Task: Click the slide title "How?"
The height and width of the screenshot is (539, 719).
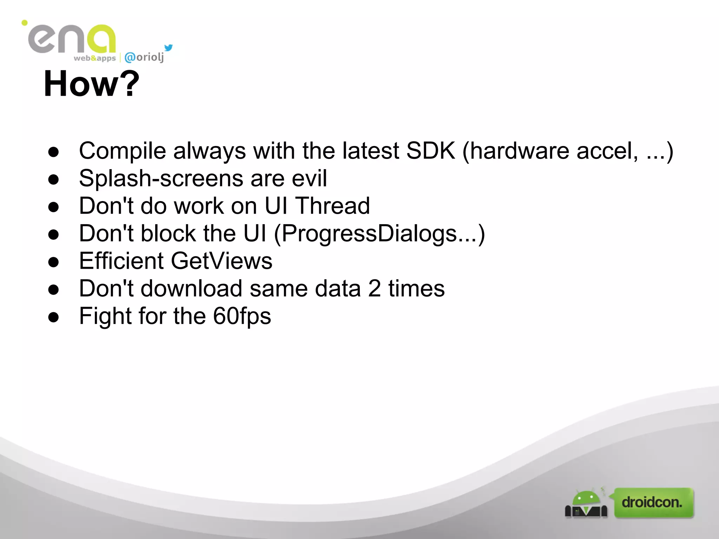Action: [91, 84]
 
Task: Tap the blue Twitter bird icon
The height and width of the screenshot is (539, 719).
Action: [169, 47]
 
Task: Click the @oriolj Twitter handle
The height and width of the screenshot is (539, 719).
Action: [144, 57]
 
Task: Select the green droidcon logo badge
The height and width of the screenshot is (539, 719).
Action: [654, 503]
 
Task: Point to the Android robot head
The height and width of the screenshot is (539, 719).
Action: [586, 498]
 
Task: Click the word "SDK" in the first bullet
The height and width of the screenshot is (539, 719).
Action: [430, 151]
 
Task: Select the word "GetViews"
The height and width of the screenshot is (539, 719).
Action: [222, 261]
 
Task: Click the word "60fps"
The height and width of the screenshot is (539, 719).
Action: [242, 316]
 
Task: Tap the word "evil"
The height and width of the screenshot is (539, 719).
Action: [309, 178]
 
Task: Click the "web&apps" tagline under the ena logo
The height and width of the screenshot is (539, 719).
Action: [94, 58]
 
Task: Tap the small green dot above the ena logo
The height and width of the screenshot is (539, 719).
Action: [24, 23]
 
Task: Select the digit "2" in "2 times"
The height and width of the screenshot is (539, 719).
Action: [374, 288]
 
